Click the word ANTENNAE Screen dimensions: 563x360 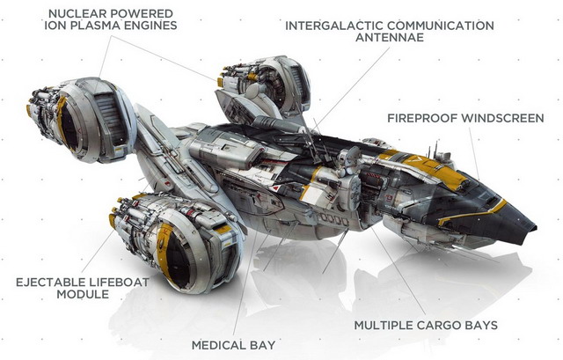click(x=390, y=37)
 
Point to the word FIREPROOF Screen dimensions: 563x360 click(x=422, y=118)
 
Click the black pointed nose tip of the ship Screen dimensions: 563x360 click(x=535, y=228)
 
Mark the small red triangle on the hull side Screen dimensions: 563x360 click(x=274, y=187)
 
